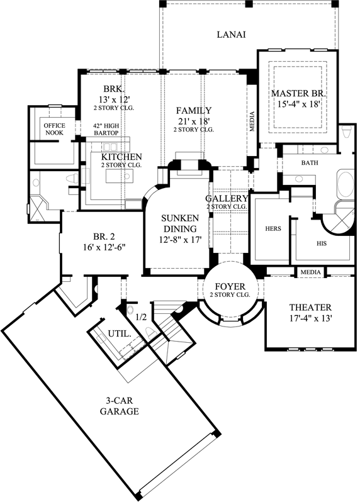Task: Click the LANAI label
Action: point(231,35)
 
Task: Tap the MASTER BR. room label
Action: point(297,93)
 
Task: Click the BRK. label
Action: point(114,89)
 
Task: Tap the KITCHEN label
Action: point(121,157)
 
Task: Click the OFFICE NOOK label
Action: point(54,129)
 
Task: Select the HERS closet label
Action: point(273,229)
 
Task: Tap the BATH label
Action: point(310,163)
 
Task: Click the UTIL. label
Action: point(120,335)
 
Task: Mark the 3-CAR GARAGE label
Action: point(119,406)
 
